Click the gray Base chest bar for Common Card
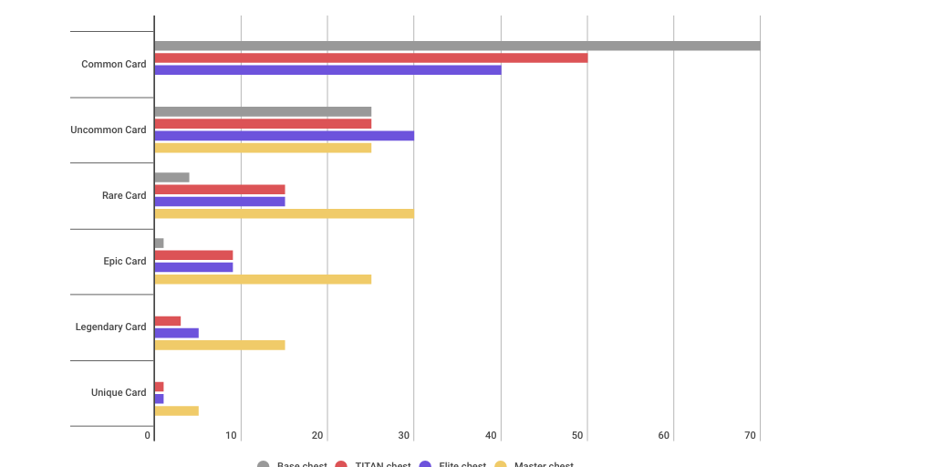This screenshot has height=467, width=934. point(456,46)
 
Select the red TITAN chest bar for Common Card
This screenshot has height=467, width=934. point(370,57)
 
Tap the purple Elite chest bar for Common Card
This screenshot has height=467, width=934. point(327,69)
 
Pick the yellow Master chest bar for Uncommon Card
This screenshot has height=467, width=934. point(263,148)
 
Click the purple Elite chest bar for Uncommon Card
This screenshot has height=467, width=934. point(284,136)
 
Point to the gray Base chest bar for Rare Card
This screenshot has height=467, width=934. point(171,177)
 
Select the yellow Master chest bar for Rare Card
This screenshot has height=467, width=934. point(284,213)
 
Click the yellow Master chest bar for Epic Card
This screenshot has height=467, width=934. point(263,279)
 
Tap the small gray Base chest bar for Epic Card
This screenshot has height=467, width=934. point(159,243)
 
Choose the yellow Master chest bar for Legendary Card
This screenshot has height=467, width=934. point(219,345)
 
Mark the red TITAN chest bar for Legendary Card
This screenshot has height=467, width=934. point(167,321)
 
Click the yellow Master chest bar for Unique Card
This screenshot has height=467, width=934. point(176,410)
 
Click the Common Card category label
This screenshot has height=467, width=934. point(113,64)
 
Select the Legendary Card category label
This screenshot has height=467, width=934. point(110,327)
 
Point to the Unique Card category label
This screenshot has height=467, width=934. point(119,392)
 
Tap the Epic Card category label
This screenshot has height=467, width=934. point(124,261)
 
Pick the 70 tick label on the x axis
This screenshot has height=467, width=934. point(751,436)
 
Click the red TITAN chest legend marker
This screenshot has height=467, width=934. point(342,464)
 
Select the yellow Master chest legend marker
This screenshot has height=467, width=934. point(501,464)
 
